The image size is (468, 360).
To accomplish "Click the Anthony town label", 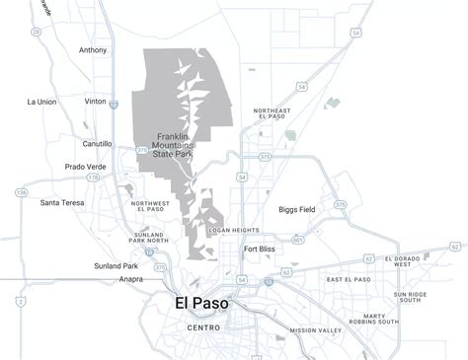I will click(93, 50).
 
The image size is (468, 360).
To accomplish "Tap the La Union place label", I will click(42, 102).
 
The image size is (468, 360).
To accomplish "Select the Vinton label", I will click(97, 102).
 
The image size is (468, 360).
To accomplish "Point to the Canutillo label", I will click(97, 143).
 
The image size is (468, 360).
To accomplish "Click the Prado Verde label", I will click(86, 167).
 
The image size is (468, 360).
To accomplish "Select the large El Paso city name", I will click(200, 304).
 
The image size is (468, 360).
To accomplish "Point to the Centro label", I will click(203, 327).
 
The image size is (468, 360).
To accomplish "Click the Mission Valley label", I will click(315, 330).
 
